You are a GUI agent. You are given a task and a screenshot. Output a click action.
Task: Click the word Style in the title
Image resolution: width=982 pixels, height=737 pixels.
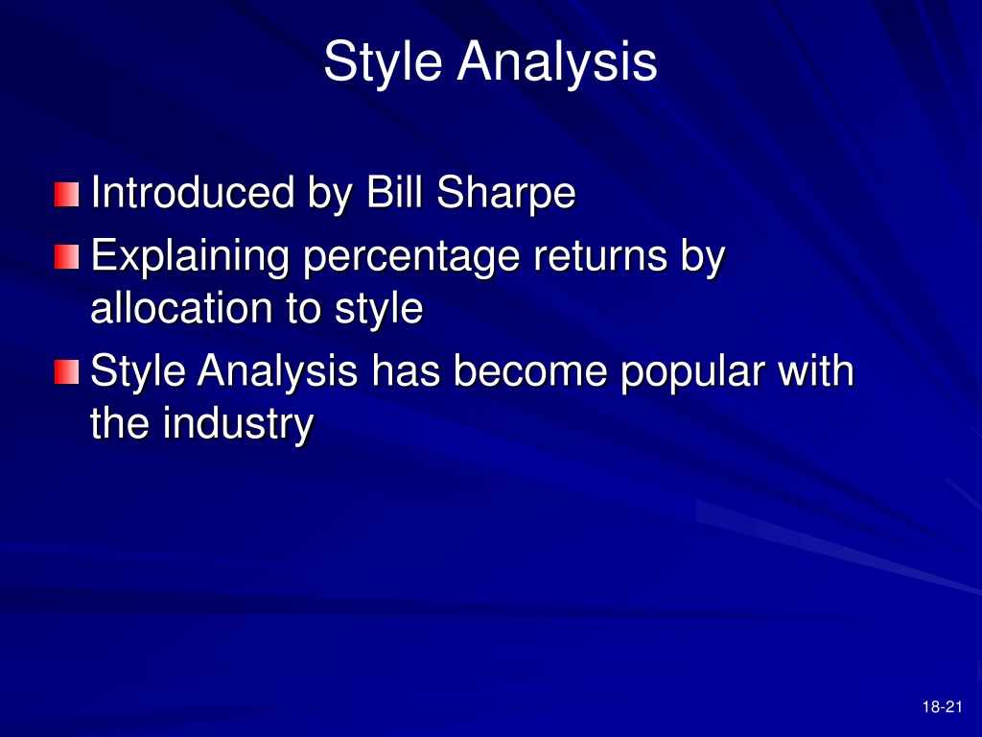pos(383,62)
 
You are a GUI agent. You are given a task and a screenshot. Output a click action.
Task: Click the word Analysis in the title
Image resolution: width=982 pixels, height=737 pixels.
pos(557,61)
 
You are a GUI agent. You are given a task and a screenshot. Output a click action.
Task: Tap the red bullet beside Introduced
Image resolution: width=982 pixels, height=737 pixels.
pos(66,194)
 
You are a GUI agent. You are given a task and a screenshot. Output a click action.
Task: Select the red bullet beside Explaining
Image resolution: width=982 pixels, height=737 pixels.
pos(66,257)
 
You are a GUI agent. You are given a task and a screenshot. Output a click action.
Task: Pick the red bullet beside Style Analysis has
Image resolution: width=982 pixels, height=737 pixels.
pos(66,371)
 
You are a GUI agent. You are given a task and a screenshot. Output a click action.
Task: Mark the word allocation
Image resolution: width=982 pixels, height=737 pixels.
pos(181,308)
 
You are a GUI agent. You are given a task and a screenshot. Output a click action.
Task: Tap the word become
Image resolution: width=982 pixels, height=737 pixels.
pos(529,370)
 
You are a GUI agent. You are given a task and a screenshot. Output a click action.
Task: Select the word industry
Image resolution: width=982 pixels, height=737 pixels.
pos(238,424)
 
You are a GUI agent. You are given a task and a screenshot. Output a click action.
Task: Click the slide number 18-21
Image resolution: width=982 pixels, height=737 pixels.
pos(942,707)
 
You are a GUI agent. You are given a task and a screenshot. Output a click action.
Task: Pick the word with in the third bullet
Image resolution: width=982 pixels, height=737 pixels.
pos(815,370)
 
